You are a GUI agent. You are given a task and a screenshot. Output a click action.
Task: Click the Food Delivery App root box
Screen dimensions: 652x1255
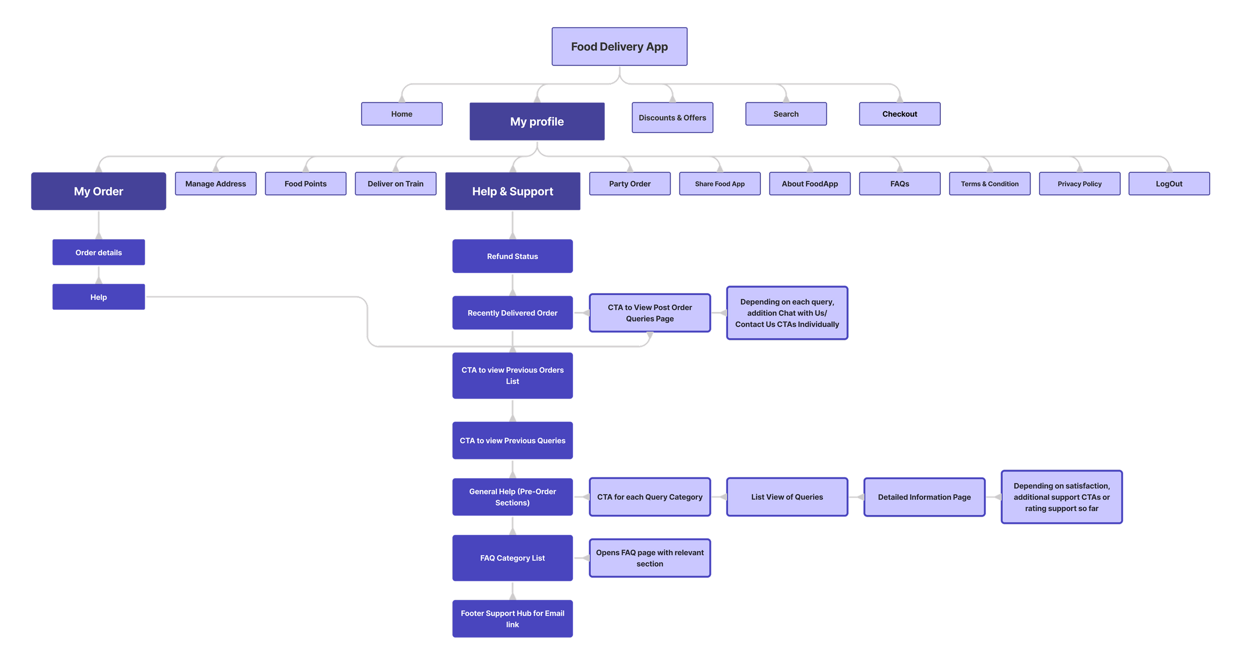[x=619, y=47]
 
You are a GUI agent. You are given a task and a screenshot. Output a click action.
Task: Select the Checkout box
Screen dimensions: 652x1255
[x=899, y=114]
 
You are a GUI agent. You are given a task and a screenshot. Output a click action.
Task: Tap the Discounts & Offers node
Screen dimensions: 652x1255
[x=672, y=117]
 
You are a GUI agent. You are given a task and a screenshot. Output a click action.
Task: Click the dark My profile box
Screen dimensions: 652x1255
[x=537, y=122]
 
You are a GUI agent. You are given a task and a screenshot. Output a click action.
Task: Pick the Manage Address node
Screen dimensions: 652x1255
[x=215, y=183]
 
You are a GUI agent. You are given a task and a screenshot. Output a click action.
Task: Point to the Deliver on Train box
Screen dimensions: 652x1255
[x=395, y=183]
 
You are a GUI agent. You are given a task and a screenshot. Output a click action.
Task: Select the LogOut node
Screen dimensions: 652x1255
[x=1169, y=183]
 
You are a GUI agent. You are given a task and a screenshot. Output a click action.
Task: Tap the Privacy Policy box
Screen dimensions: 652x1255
[x=1079, y=183]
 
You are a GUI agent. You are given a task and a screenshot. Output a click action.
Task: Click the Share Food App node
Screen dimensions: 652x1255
[x=719, y=183]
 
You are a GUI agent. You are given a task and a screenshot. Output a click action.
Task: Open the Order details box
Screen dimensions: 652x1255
[x=98, y=252]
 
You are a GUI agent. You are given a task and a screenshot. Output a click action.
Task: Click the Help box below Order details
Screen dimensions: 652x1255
[x=98, y=297]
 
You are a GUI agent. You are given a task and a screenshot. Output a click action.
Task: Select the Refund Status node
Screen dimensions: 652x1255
[x=512, y=256]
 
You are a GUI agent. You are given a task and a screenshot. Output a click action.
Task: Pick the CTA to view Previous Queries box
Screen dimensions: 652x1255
[x=512, y=440]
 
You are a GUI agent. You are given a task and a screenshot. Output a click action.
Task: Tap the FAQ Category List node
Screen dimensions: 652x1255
[x=512, y=558]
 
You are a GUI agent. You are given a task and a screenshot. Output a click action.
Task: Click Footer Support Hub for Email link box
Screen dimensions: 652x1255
[x=512, y=618]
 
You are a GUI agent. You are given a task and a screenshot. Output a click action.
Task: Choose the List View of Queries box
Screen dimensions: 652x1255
[x=786, y=497]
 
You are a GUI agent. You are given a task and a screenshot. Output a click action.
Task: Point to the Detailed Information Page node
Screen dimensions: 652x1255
[x=924, y=497]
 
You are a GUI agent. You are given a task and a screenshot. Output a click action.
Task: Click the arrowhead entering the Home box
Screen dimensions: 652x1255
[x=402, y=99]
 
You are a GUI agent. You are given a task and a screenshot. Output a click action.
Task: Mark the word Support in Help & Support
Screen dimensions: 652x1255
[x=531, y=191]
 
